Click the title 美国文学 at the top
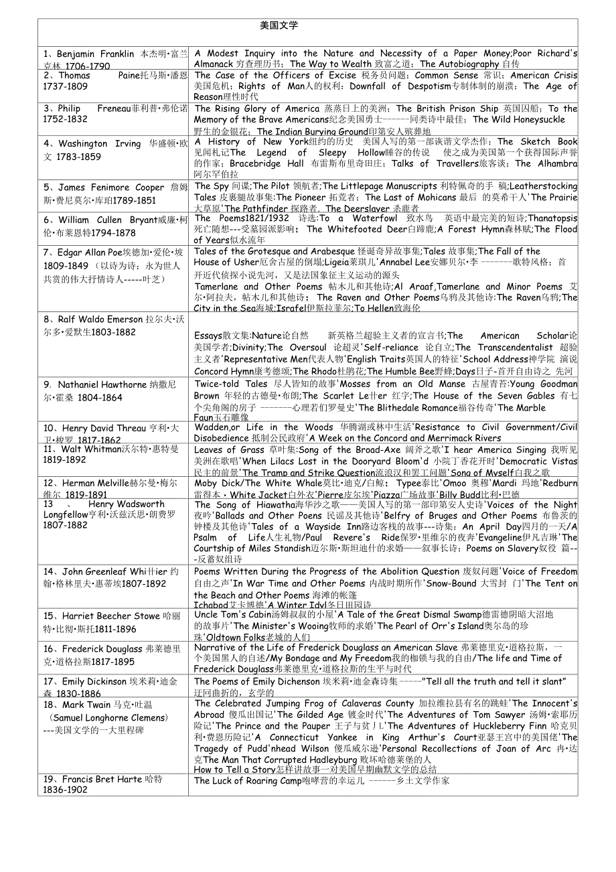279,25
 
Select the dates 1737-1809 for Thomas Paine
65,86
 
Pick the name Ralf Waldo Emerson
100,319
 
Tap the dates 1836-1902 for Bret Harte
65,790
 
